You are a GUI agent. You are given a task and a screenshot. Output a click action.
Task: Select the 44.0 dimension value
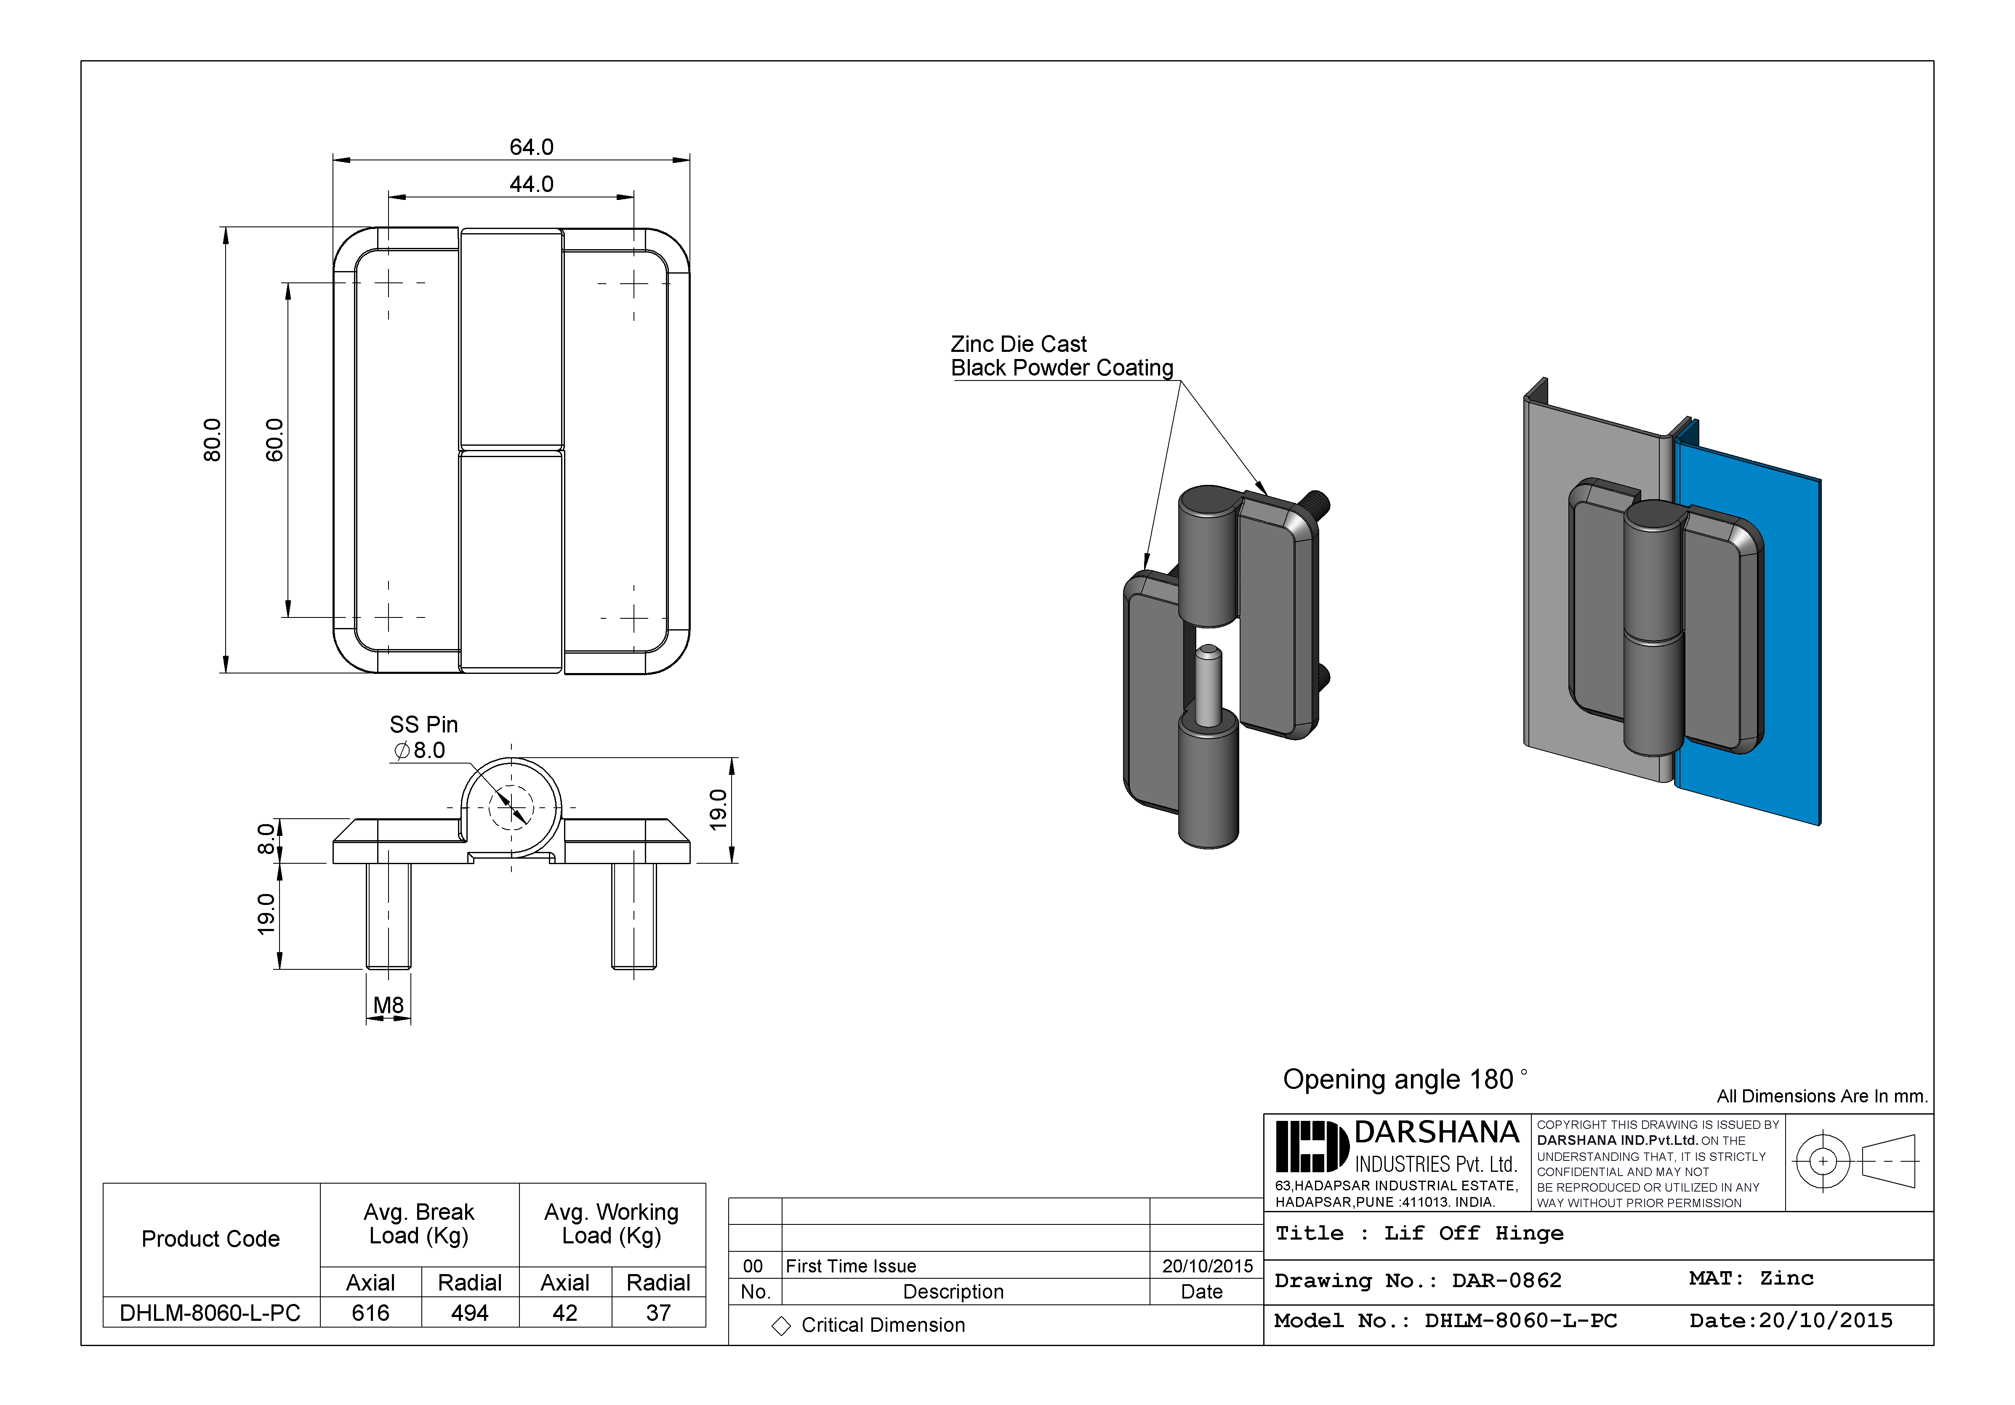pos(531,184)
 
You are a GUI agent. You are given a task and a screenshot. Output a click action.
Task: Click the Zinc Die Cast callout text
pos(1018,344)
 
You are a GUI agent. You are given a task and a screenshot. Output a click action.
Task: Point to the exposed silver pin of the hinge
pos(1208,684)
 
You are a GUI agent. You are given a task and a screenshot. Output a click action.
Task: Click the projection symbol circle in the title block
pos(1823,1161)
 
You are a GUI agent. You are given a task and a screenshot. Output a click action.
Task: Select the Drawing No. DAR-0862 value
pos(1507,1280)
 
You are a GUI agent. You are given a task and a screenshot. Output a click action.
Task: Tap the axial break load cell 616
pos(370,1313)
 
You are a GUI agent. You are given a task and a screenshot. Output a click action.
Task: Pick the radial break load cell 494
pos(469,1313)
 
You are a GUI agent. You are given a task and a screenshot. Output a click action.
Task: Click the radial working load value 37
pos(658,1313)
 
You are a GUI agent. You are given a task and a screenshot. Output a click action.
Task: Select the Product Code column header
pos(210,1239)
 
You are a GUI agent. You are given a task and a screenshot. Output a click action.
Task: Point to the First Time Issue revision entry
pos(850,1265)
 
